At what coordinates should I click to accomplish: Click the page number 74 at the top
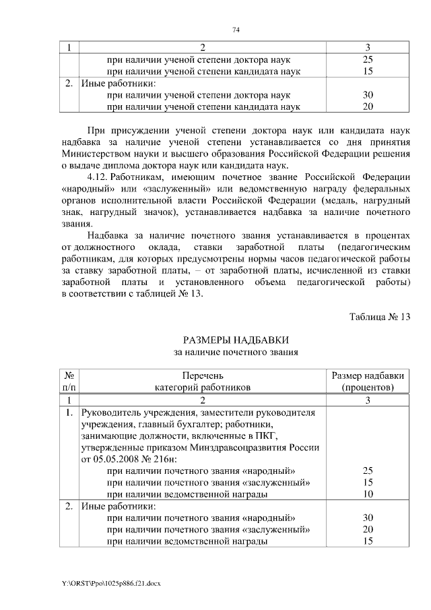(x=236, y=30)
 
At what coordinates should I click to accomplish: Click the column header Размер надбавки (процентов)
(x=368, y=382)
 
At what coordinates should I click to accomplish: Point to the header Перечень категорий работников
(x=202, y=382)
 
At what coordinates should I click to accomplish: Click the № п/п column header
(x=69, y=382)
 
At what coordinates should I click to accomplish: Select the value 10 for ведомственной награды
(x=368, y=494)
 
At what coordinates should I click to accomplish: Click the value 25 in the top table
(x=368, y=59)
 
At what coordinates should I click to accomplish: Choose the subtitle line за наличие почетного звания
(x=236, y=352)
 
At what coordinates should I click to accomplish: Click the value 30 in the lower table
(x=368, y=518)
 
